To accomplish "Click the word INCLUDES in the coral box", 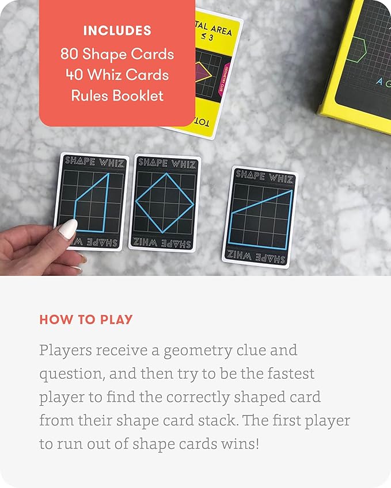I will (117, 30).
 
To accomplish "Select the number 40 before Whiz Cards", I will (73, 75).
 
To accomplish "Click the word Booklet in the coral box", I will (141, 95).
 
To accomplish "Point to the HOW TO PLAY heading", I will (86, 320).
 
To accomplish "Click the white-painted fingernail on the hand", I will (68, 229).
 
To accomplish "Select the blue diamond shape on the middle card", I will (163, 202).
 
